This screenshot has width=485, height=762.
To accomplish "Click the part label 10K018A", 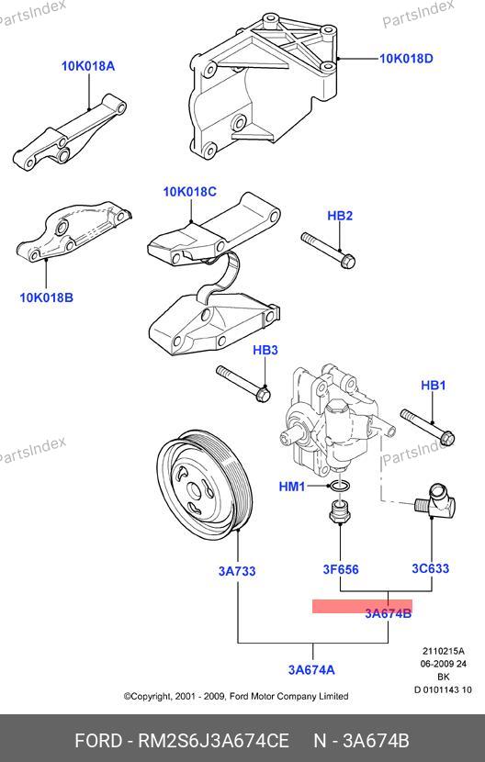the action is point(88,66).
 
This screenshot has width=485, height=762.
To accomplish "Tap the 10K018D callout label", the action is point(406,59).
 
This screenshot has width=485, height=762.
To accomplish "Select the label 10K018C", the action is point(190,192).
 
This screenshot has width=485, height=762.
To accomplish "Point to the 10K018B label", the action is point(46,297).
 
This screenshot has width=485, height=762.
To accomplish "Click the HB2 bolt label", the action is point(340,216).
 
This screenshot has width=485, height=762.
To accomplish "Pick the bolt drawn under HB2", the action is point(328,251).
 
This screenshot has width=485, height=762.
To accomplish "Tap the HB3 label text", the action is point(265,350).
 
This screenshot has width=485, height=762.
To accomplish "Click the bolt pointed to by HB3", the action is point(243,384).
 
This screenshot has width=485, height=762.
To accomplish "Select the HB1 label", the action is point(433,386).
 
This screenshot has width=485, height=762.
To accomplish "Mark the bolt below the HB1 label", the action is point(427,428).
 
